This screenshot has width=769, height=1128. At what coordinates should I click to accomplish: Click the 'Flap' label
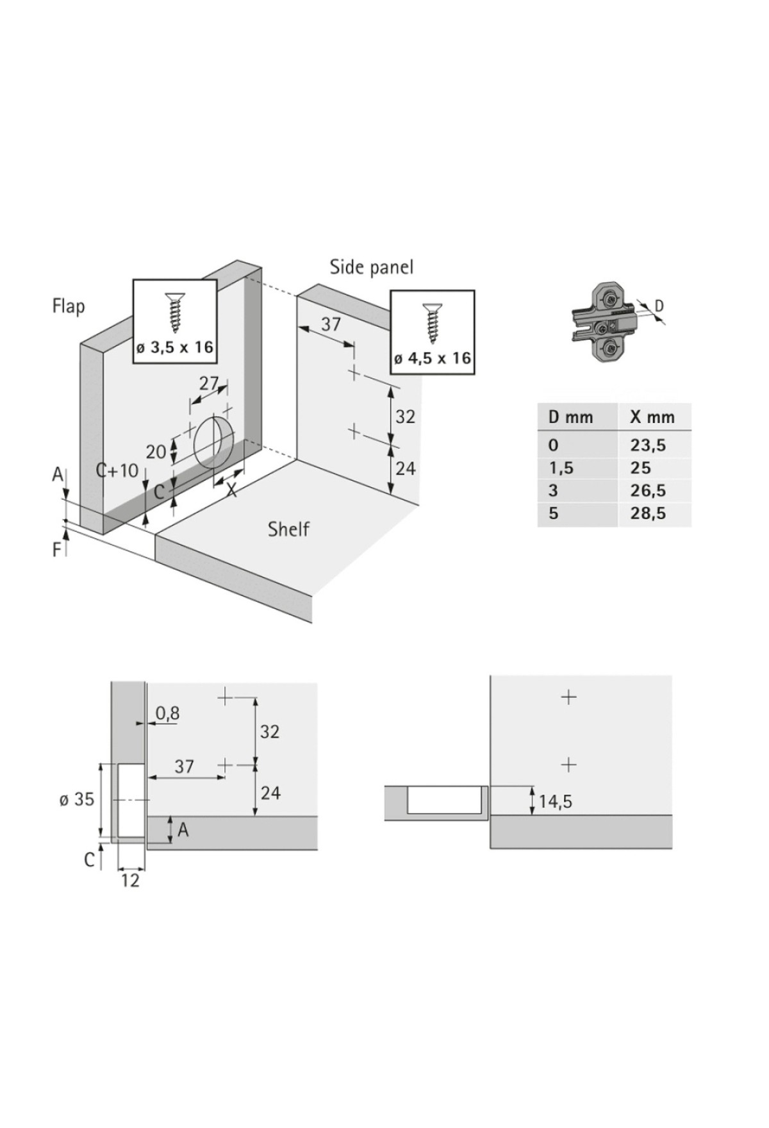point(68,306)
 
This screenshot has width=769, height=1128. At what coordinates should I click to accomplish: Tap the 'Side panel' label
point(371,267)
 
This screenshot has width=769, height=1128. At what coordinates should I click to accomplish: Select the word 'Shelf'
point(288,529)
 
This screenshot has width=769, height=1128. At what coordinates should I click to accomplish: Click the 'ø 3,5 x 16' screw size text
point(174,348)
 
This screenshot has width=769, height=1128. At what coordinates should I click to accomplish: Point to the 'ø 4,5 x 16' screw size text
point(433,358)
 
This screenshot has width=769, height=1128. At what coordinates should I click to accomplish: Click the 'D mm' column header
point(570,417)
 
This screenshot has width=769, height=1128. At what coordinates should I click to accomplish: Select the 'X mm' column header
point(652,417)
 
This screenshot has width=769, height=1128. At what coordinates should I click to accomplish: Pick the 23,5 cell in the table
point(647,445)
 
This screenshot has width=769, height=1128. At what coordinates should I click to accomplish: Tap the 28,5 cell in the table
point(647,513)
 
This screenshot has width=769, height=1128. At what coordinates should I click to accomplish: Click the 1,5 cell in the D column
point(561,468)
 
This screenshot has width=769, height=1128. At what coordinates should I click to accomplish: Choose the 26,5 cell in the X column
point(647,491)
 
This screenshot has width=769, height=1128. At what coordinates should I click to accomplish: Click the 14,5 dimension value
point(555,802)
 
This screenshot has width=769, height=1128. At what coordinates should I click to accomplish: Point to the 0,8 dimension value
point(167,713)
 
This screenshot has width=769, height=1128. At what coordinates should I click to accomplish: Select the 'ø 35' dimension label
point(76,800)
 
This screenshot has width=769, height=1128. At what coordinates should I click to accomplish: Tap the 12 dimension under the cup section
point(130,881)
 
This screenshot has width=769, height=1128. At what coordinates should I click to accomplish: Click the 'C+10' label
point(117,470)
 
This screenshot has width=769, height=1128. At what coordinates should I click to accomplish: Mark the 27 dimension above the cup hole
point(209,383)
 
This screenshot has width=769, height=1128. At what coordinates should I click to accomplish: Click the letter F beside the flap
point(57,549)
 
